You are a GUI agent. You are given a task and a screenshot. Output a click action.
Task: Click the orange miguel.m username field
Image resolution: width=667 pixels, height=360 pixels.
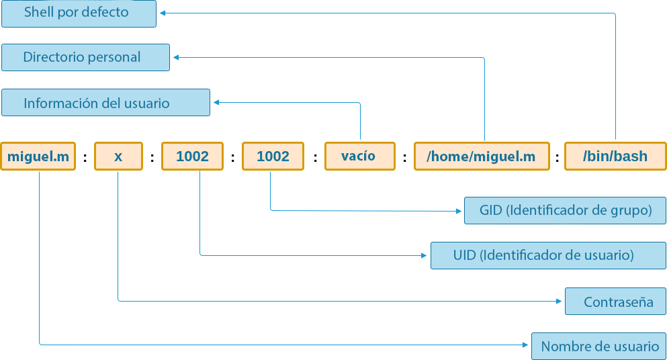point(38,156)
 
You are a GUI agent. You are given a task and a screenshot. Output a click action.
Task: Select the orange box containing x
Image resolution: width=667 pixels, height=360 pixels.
point(118,156)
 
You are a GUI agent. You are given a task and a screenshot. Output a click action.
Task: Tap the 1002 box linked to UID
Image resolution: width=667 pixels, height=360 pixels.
point(192,156)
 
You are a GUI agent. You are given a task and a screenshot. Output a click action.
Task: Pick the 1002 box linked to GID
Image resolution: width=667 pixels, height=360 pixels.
point(273,156)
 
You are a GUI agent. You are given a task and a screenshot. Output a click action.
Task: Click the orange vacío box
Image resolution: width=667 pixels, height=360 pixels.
point(358,156)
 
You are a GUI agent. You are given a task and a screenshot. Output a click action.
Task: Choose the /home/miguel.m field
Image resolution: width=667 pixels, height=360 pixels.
point(481,156)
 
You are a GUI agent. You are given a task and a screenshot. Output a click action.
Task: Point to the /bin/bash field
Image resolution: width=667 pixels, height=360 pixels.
point(615,156)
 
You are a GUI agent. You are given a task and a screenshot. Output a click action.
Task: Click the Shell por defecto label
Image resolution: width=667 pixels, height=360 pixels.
point(79,13)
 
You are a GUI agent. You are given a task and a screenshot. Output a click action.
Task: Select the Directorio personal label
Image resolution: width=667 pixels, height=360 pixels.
point(85,58)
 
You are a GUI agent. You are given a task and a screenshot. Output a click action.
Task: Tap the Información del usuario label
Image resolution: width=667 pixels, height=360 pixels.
point(105,103)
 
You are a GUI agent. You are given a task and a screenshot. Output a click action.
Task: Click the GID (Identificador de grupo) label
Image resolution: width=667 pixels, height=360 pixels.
point(565,210)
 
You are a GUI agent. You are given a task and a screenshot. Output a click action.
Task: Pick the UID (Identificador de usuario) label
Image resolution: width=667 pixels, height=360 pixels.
point(548,255)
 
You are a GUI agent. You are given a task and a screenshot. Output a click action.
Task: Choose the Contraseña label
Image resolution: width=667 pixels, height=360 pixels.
point(615,302)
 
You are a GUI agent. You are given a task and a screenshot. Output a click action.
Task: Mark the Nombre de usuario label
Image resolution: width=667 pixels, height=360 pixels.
point(598,346)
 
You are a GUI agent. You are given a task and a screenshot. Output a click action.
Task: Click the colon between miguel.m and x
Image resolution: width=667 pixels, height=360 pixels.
point(85,159)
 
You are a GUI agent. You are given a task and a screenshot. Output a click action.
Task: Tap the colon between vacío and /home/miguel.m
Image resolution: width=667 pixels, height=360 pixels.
point(404,159)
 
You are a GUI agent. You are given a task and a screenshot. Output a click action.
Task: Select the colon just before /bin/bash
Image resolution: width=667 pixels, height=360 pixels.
point(557,159)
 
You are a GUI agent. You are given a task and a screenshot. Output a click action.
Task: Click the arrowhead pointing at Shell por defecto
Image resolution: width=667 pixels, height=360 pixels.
point(163,13)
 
